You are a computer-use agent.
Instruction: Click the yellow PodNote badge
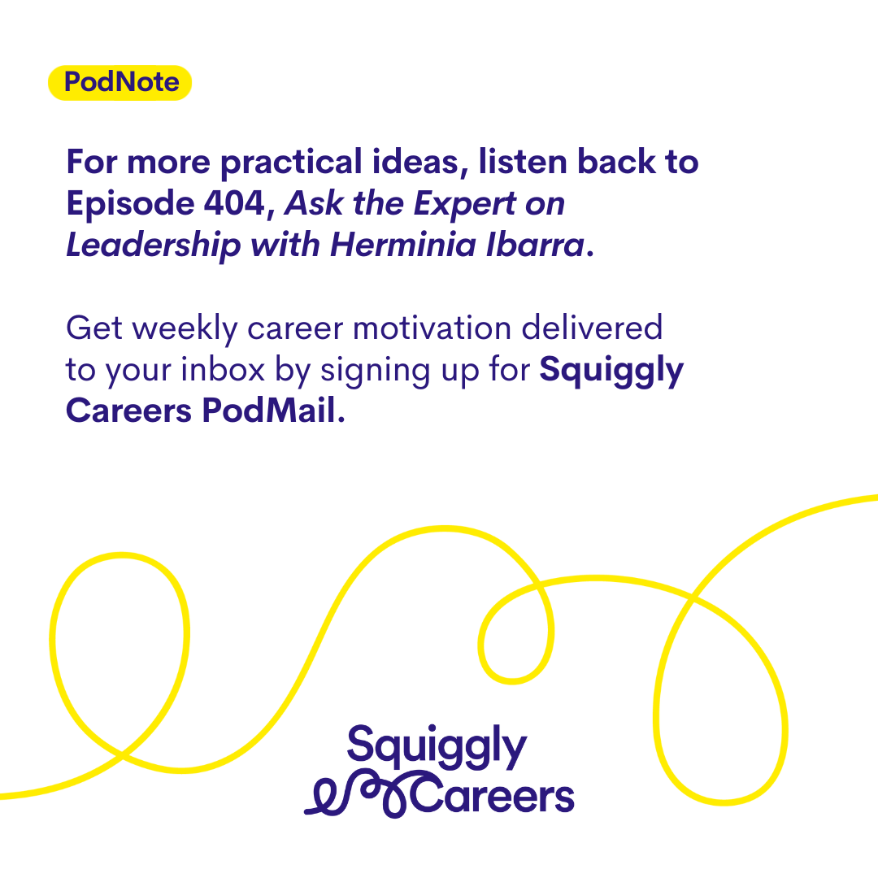click(x=120, y=83)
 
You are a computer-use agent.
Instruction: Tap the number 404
click(x=234, y=202)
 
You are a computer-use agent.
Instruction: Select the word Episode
click(x=130, y=204)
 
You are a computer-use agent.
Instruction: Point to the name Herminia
click(x=402, y=245)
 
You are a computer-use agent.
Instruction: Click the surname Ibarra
click(x=535, y=245)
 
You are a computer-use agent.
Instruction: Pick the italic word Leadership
click(x=154, y=246)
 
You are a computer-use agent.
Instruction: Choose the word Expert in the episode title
click(x=464, y=204)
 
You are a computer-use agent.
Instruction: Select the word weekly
click(x=185, y=329)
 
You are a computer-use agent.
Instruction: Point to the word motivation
click(x=432, y=328)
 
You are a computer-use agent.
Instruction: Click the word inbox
click(x=222, y=370)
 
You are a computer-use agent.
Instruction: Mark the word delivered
click(x=592, y=328)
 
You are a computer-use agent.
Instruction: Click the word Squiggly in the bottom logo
click(x=437, y=747)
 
